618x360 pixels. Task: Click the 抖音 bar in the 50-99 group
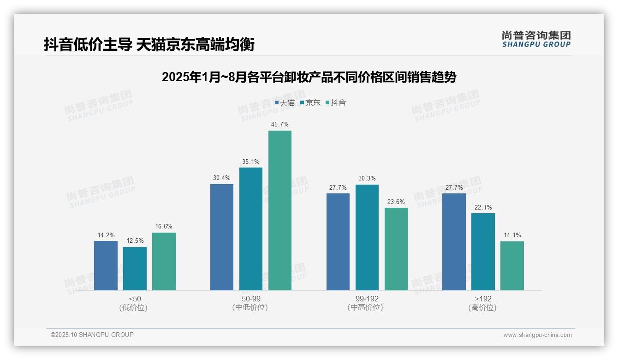coord(280,210)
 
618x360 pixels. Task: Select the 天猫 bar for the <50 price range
coord(106,265)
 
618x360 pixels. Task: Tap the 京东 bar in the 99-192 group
coord(367,237)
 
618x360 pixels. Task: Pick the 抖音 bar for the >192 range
coord(512,266)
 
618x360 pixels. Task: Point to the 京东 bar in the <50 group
coord(135,269)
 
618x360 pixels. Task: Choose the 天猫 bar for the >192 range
coord(454,242)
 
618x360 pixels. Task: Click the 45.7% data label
coord(280,125)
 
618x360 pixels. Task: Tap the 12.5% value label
coord(135,241)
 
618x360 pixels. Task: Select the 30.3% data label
coord(367,179)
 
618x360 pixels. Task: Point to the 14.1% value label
coord(512,235)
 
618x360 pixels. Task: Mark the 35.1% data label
coord(251,162)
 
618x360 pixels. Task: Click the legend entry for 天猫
coord(285,103)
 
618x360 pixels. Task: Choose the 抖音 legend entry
coord(336,103)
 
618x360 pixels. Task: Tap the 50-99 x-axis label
coord(250,299)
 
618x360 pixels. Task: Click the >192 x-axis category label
coord(482,299)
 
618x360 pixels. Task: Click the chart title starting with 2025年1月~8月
coord(309,78)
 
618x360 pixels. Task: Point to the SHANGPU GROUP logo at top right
coord(536,39)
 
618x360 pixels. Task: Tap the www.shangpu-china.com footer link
coord(537,335)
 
